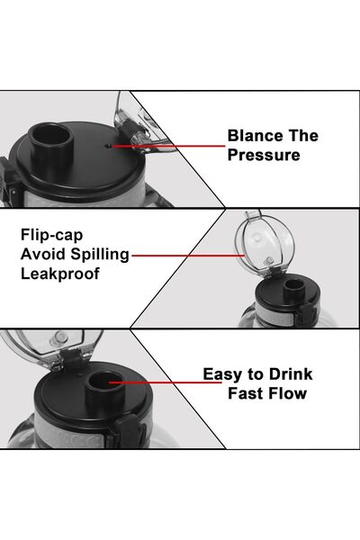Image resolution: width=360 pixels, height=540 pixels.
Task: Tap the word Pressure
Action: coord(264,155)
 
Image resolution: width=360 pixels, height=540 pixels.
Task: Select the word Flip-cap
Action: coord(51,236)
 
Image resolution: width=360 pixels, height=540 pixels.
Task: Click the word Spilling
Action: coord(100,255)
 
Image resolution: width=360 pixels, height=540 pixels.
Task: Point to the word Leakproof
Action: coord(60,274)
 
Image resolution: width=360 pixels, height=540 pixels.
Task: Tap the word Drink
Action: coord(291,374)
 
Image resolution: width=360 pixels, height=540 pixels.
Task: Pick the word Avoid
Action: coord(43,255)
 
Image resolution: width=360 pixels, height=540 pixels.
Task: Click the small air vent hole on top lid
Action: coord(108,146)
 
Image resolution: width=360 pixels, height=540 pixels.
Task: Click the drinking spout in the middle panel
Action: coord(294,289)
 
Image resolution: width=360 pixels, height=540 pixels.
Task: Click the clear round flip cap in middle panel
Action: coord(265,245)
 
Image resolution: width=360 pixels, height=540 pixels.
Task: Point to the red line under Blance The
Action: coord(168,146)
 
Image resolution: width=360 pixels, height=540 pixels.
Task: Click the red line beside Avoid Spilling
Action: coord(188,256)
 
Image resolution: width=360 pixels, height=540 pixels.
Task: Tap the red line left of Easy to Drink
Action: coord(166,382)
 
